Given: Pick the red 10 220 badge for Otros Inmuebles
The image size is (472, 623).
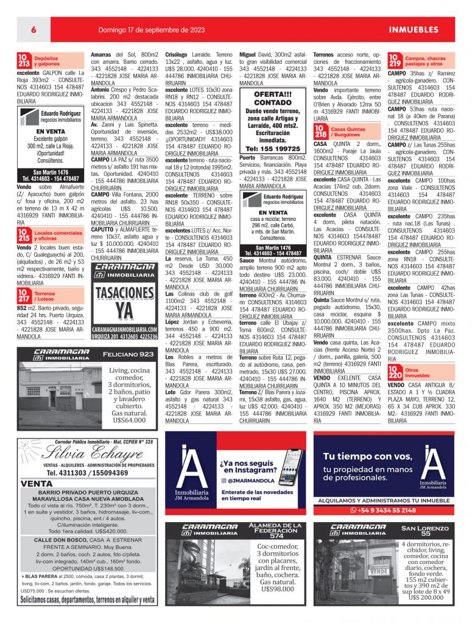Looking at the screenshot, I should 395,372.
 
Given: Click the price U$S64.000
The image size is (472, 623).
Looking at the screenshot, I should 129,420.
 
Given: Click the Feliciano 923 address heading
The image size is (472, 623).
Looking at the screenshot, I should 128,354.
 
